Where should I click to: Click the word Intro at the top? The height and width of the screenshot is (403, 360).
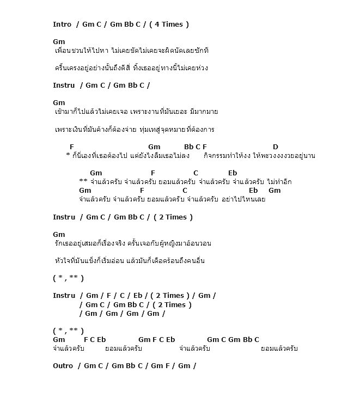tap(63, 24)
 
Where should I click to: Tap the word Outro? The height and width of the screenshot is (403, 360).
tap(63, 365)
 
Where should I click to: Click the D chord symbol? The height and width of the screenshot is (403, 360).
tap(276, 146)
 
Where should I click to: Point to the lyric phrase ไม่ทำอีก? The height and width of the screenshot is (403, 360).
tap(279, 182)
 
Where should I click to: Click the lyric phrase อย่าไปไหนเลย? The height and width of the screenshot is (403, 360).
tap(243, 199)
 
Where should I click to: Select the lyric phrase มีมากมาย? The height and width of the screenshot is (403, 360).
tap(204, 112)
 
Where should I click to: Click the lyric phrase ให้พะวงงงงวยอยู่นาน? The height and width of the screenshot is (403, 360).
tap(284, 156)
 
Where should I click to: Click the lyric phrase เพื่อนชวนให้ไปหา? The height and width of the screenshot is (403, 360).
tap(81, 51)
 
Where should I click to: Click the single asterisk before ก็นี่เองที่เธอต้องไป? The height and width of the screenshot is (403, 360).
tap(68, 155)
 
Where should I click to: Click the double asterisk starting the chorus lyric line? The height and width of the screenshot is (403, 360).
tap(83, 181)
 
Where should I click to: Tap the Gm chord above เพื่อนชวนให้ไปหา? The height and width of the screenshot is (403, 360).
tap(59, 41)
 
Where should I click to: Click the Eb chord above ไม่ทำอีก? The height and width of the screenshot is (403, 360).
tap(233, 173)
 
